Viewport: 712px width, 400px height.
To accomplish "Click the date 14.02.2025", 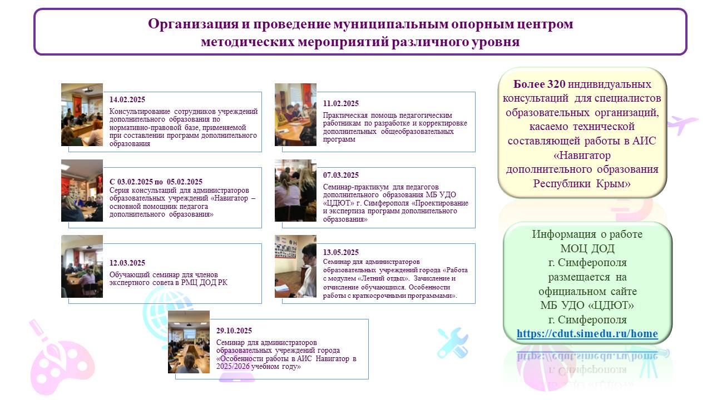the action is tap(127, 99).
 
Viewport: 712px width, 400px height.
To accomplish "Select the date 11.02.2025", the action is tap(341, 103).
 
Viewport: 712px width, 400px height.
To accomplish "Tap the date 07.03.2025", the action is tap(341, 175).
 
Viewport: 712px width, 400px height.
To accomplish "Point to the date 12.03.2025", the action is tap(127, 263).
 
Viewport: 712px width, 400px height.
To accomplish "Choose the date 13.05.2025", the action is tap(341, 252).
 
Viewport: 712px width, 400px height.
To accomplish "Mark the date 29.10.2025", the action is tap(234, 331).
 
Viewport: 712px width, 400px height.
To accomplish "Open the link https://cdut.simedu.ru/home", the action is tap(587, 334).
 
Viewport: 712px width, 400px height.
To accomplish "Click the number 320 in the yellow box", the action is tap(556, 84).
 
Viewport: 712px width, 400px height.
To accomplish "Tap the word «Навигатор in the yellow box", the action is tap(582, 155).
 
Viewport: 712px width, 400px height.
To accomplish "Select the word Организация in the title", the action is tap(193, 24).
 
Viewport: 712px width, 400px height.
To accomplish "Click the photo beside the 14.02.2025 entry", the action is tap(82, 114).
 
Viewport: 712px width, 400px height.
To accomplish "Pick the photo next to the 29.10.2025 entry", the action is tap(189, 342).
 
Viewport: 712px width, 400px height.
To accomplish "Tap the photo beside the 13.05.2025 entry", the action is tap(295, 266).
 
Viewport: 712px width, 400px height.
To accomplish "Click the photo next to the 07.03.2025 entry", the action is tap(295, 191).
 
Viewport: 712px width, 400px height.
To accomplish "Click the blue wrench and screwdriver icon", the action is tap(453, 343).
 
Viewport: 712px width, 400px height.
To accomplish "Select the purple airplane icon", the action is tap(682, 124).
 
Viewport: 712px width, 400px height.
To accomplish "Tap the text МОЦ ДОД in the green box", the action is tap(587, 248).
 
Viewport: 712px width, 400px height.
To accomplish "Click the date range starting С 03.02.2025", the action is tap(156, 182).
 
